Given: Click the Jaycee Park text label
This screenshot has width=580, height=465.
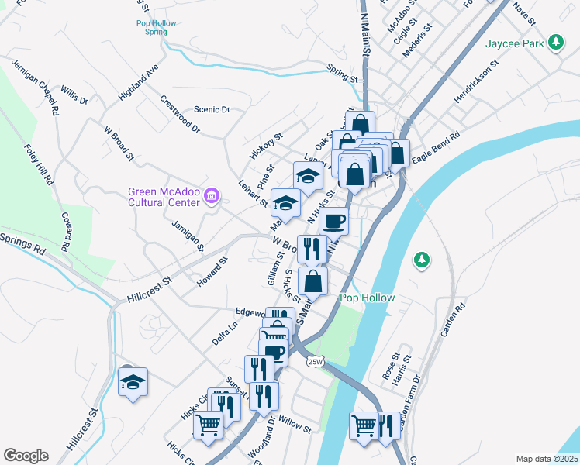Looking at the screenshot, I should click(x=515, y=44).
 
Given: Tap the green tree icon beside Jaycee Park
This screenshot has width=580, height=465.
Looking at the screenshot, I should click(x=555, y=43).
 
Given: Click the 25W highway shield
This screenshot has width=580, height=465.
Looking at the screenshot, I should click(x=314, y=361).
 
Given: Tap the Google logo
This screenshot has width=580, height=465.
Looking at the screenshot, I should click(x=26, y=456).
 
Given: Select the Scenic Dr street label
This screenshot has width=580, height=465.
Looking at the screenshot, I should click(x=212, y=110).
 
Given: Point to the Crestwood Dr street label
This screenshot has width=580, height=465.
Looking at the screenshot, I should click(x=180, y=113).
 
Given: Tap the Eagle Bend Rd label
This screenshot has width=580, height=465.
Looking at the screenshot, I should click(x=436, y=146).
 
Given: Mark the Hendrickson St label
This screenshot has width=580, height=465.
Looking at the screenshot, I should click(x=475, y=85).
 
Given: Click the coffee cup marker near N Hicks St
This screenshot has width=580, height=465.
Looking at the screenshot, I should click(x=334, y=221).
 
